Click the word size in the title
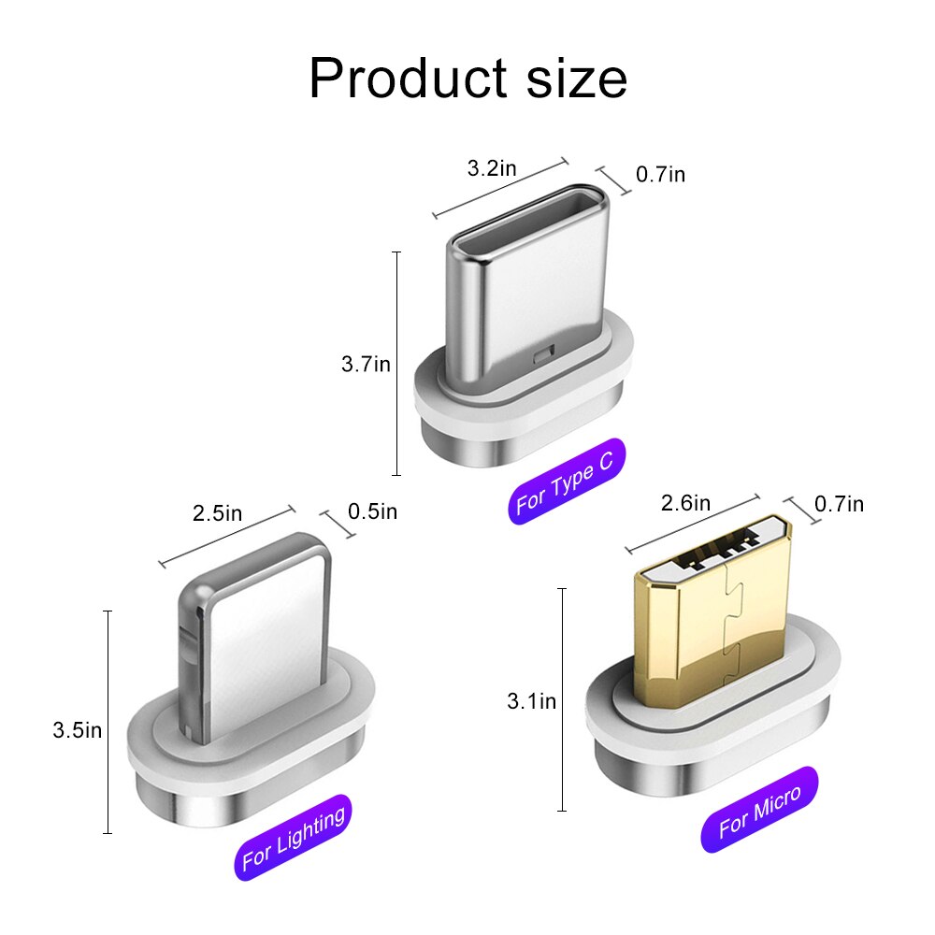[577, 79]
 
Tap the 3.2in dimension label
[492, 168]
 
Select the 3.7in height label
[366, 364]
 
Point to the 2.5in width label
[217, 512]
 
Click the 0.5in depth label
[372, 511]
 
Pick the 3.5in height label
[77, 730]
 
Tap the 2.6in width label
[685, 503]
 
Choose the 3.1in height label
[531, 700]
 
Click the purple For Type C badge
[567, 481]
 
